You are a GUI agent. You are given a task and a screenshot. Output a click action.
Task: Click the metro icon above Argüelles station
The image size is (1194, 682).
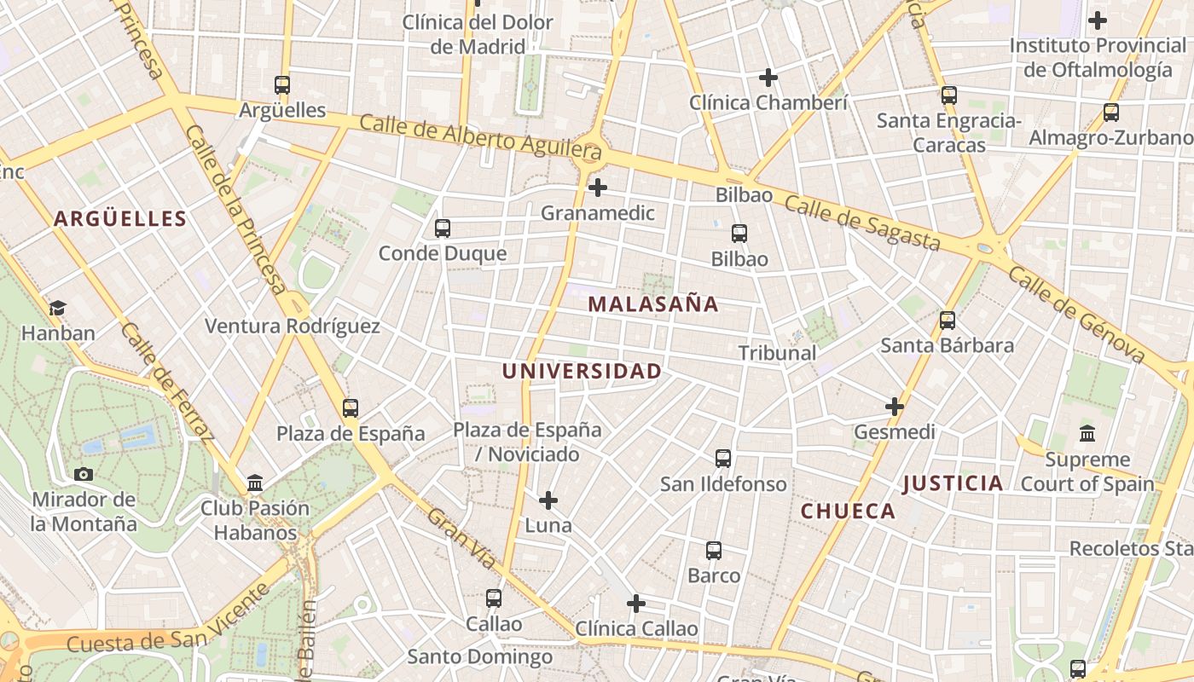click(282, 85)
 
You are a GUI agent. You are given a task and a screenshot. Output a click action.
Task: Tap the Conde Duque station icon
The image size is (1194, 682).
click(442, 228)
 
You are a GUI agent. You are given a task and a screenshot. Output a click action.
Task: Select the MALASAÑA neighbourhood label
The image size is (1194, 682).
click(653, 304)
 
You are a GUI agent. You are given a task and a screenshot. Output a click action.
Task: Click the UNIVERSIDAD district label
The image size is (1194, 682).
click(582, 372)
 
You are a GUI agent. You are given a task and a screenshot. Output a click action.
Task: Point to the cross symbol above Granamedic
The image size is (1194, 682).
click(598, 188)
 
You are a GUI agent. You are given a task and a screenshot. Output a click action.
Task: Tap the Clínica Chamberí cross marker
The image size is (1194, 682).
click(768, 78)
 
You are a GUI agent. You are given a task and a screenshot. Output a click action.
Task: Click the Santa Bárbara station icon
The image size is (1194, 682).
click(947, 321)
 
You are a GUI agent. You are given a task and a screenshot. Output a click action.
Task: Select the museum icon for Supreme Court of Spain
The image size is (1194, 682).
click(1087, 434)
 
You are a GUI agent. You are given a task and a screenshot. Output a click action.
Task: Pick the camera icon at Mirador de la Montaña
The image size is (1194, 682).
click(84, 474)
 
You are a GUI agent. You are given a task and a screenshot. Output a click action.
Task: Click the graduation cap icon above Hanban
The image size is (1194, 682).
click(57, 308)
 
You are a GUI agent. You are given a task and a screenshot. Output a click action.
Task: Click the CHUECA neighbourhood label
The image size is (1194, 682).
click(848, 511)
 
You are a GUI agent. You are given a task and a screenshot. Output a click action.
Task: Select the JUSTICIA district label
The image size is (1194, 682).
click(953, 484)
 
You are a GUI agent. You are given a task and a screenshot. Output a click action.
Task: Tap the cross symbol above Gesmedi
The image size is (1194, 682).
click(894, 407)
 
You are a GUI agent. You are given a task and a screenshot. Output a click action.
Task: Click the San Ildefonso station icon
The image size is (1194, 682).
click(723, 459)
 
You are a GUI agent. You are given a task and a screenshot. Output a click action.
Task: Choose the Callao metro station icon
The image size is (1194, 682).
click(493, 598)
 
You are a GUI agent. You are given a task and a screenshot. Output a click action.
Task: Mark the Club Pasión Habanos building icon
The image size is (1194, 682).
click(254, 483)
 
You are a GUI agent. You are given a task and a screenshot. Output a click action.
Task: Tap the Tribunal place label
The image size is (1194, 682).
click(777, 353)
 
